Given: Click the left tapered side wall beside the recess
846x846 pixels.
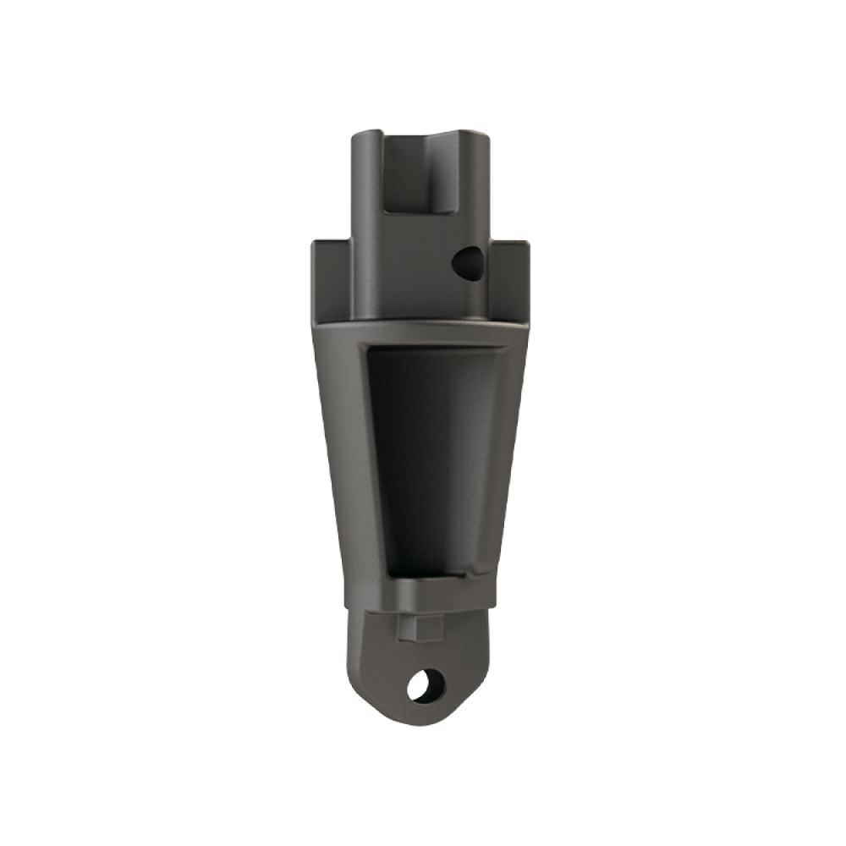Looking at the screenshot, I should (343, 457).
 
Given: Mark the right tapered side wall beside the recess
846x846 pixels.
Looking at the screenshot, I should (503, 457).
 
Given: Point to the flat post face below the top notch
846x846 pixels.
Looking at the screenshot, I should (415, 271).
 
